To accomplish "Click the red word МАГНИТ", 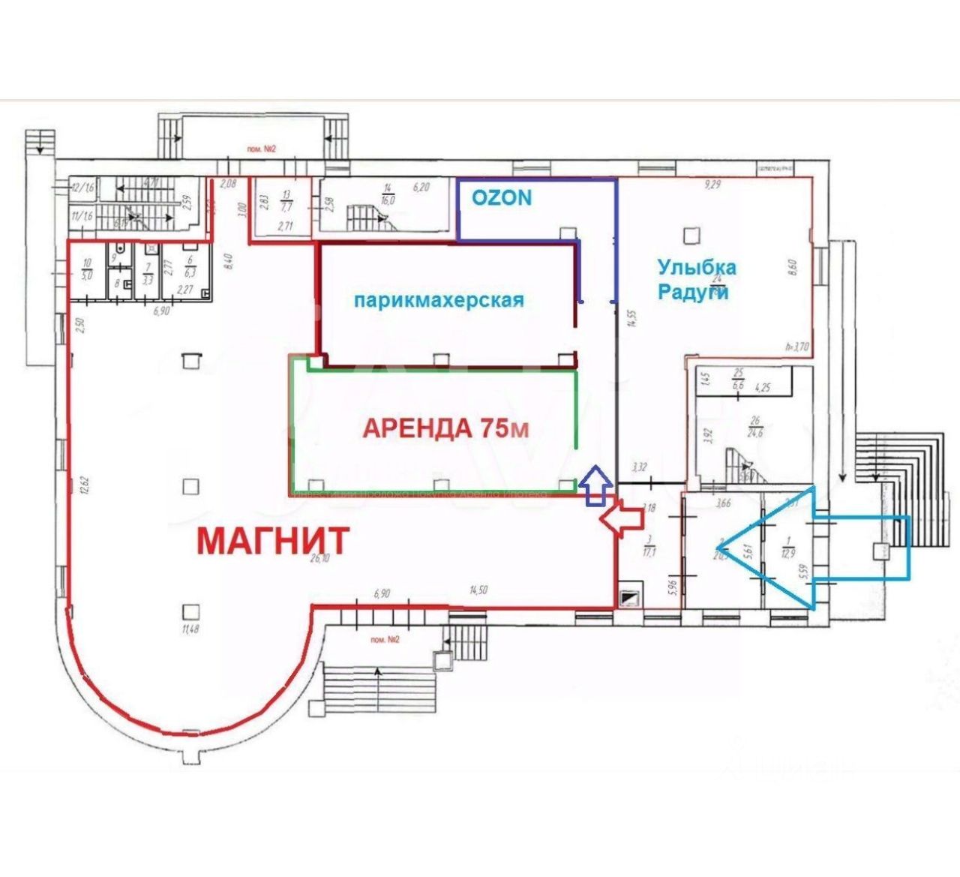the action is coord(274,540).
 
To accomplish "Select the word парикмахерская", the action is coord(439,300).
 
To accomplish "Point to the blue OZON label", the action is coord(502,197).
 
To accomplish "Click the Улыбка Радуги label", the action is coord(696,279).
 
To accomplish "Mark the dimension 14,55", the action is coord(632,319).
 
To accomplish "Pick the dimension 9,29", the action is coord(711,184).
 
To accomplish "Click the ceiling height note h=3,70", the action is coord(796,347).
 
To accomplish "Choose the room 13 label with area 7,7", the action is coord(286,201).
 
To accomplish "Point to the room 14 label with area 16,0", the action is coord(388,194).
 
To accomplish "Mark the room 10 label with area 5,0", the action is coord(87,269).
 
